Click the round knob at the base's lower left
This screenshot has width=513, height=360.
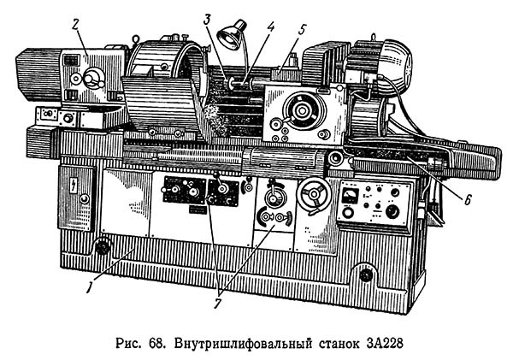(104, 249)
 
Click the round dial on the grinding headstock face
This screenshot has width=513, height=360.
(300, 110)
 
